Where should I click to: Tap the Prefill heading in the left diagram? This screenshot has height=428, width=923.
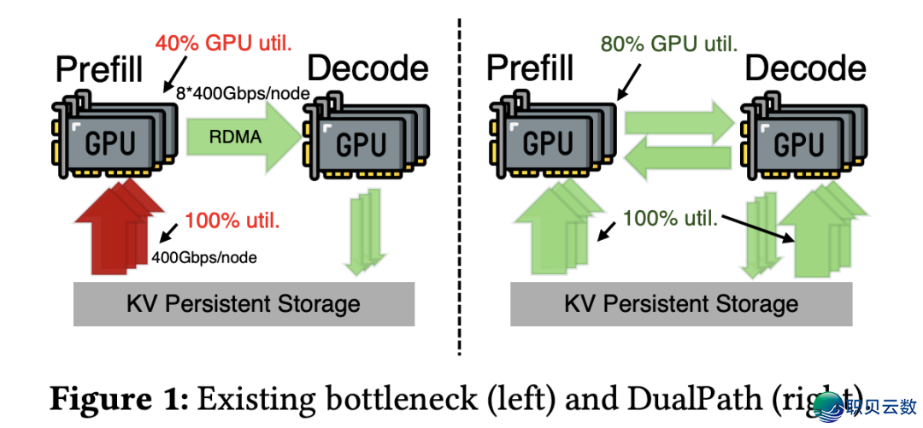click(x=99, y=69)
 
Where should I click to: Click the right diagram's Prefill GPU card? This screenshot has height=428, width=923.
click(x=547, y=141)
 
